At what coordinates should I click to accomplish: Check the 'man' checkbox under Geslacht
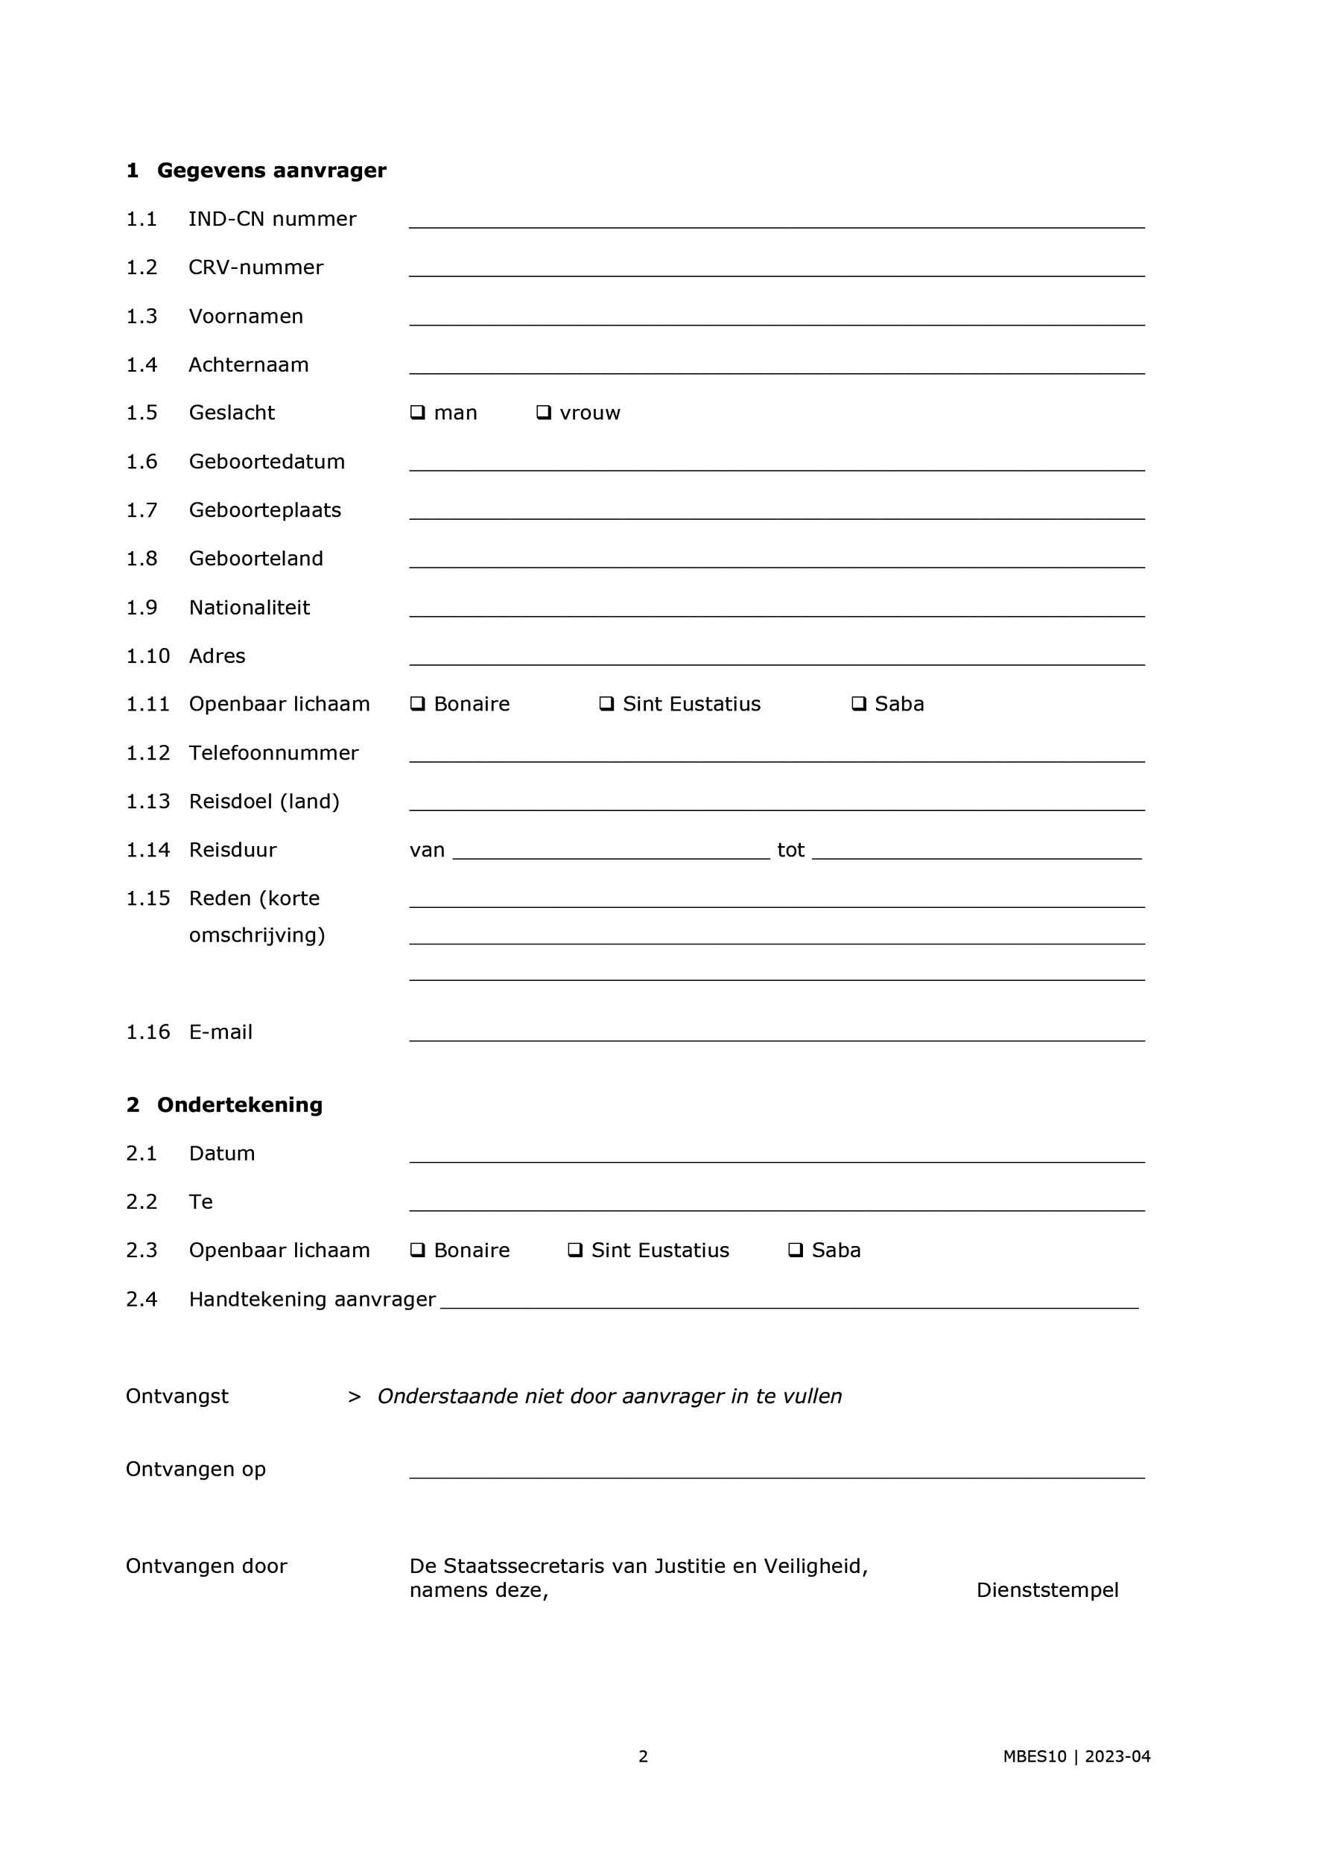point(417,413)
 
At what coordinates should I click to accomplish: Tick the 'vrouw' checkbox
point(544,413)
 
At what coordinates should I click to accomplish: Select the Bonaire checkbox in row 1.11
point(417,704)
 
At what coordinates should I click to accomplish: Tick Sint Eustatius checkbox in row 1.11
point(606,704)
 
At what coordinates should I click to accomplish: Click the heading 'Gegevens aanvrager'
point(271,170)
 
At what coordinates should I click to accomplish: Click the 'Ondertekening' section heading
point(239,1105)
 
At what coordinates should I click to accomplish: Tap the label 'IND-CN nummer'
point(272,219)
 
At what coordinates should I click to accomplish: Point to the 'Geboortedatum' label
point(267,461)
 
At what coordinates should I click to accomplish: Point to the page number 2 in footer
point(643,1756)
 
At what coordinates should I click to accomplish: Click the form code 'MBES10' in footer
point(1035,1756)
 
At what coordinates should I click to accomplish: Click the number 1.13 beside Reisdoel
point(147,801)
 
